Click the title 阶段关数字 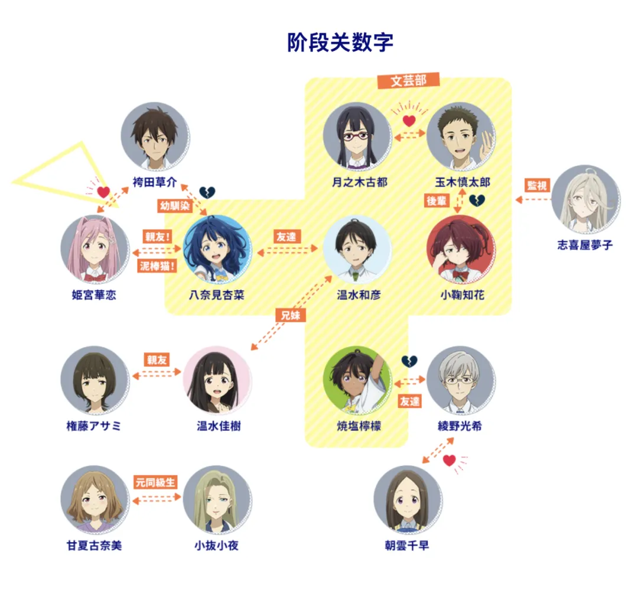[340, 43]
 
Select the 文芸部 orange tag [408, 80]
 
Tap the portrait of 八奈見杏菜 [217, 249]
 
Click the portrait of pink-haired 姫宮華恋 [95, 249]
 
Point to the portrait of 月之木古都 [356, 136]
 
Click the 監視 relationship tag [536, 185]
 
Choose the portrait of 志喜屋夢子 [585, 199]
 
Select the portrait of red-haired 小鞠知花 [461, 249]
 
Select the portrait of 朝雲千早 [408, 500]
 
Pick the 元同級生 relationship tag [156, 482]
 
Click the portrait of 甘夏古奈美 [95, 500]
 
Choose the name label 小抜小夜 [217, 545]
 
